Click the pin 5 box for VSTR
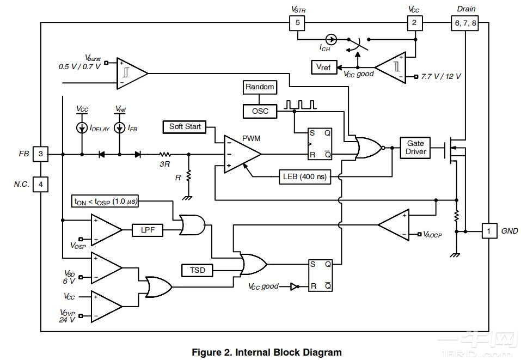pyautogui.click(x=297, y=23)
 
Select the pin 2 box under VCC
pyautogui.click(x=415, y=23)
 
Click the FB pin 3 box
pyautogui.click(x=40, y=154)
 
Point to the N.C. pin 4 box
pyautogui.click(x=40, y=185)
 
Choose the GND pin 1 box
pyautogui.click(x=489, y=231)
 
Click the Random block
pyautogui.click(x=260, y=87)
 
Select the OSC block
pyautogui.click(x=260, y=111)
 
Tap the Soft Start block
pyautogui.click(x=185, y=127)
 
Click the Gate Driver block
pyautogui.click(x=415, y=148)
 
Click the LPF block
pyautogui.click(x=148, y=230)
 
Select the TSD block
pyautogui.click(x=197, y=270)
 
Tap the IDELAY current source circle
pyautogui.click(x=82, y=128)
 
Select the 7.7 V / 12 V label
pyautogui.click(x=441, y=77)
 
